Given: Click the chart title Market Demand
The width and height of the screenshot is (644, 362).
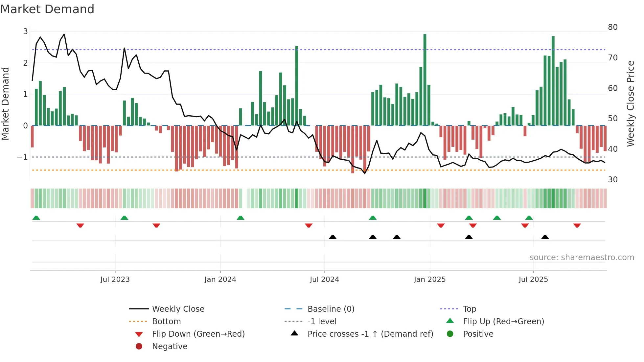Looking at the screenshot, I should point(47,9).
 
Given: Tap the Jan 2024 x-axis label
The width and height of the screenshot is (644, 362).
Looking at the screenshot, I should point(220,280).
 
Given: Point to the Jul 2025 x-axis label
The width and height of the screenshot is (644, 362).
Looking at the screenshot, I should point(533,280).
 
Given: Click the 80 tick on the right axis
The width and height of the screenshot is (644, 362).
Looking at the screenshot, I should point(612,27).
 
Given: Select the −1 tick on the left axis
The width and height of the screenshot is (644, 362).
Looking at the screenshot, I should point(22,157).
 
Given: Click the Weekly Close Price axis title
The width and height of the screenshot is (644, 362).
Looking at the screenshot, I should point(630,103).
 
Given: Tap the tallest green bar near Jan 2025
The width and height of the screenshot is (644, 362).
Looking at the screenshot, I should point(425,79).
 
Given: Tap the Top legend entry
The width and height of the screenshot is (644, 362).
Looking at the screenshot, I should point(470,309).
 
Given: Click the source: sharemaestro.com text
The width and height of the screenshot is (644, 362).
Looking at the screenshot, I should point(582,258).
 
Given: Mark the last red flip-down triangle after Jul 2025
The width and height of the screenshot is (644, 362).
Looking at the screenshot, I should point(577,226).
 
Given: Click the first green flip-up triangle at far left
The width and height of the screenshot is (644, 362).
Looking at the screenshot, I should point(36,218).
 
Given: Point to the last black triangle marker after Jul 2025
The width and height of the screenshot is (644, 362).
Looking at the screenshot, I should point(545,237).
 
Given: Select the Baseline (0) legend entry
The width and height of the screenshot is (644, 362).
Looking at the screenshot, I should point(331,309).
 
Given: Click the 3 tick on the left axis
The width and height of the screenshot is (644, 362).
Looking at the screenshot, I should point(25,32).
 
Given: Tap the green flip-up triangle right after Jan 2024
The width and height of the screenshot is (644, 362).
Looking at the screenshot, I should point(241,218).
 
